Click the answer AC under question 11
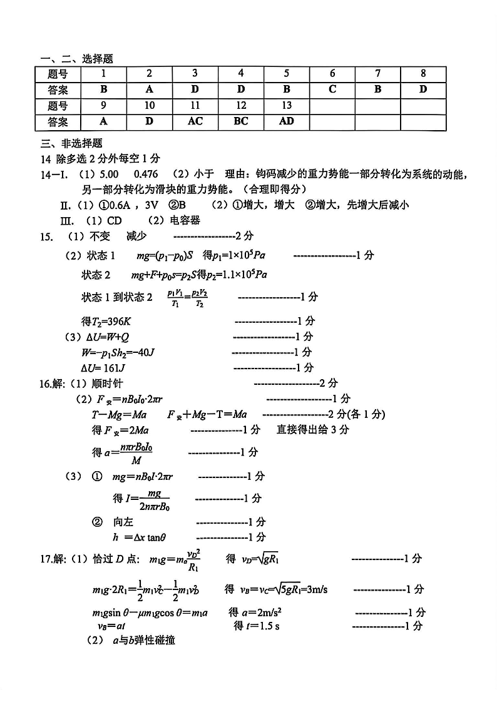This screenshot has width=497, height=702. coord(195,121)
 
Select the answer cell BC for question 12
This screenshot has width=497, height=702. coord(241,121)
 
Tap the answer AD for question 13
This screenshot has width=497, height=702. coord(286,121)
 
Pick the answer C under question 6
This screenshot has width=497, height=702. coord(332,89)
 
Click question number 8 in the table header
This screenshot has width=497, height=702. coord(423,74)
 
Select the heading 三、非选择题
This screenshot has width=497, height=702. coord(63,143)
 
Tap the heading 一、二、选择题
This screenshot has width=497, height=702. coord(76,59)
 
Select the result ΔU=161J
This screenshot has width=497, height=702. coord(103,367)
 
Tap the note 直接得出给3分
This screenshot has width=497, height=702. coord(313,430)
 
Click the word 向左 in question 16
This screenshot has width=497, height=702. coord(123,522)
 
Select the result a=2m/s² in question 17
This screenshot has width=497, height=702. coord(258,612)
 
